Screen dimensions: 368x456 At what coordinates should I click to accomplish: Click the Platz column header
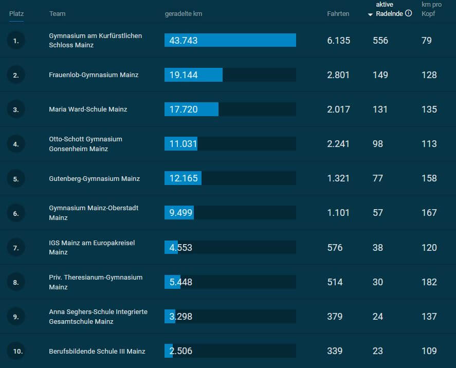[x=16, y=13]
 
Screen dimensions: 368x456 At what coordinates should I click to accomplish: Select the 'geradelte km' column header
[x=183, y=14]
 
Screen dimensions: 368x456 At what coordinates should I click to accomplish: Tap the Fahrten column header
[x=338, y=14]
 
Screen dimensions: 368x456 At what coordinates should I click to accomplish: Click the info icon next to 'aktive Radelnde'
[x=409, y=13]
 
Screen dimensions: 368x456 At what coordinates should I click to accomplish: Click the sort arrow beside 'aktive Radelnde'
[x=371, y=14]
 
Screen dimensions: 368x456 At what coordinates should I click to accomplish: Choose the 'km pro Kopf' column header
[x=431, y=9]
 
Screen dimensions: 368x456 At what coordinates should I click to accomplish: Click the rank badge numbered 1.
[x=16, y=41]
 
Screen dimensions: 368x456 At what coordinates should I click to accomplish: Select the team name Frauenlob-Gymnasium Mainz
[x=94, y=75]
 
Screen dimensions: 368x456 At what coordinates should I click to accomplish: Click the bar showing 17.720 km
[x=191, y=109]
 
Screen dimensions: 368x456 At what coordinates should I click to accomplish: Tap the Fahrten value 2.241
[x=338, y=144]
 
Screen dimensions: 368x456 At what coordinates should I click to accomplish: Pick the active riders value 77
[x=378, y=178]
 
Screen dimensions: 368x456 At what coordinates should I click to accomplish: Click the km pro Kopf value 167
[x=429, y=213]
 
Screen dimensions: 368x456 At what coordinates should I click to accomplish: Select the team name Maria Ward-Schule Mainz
[x=88, y=109]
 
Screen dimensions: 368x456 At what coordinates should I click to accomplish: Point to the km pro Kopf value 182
[x=429, y=282]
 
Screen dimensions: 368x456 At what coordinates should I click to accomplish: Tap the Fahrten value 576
[x=335, y=247]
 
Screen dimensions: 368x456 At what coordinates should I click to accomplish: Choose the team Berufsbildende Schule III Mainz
[x=97, y=352]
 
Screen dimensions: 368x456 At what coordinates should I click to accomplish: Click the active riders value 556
[x=380, y=40]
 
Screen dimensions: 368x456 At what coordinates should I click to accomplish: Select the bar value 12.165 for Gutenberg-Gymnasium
[x=183, y=178]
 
